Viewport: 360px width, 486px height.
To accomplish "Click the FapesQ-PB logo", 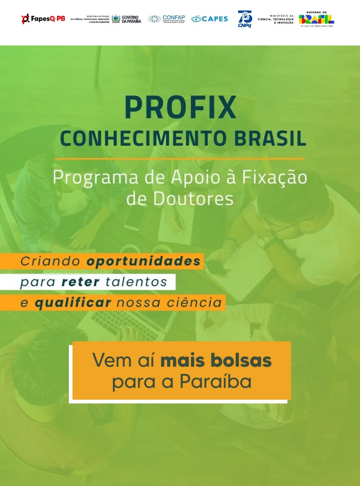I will tap(43, 19).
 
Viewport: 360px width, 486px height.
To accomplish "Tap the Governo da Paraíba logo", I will tap(126, 19).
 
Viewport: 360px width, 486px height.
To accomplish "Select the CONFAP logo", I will tap(166, 19).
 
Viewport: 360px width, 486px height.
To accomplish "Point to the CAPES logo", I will tap(210, 19).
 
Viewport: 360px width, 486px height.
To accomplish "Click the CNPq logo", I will tap(245, 19).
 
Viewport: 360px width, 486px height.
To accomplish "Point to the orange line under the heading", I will tap(180, 158).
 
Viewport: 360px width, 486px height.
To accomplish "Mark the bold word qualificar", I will tap(73, 302).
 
